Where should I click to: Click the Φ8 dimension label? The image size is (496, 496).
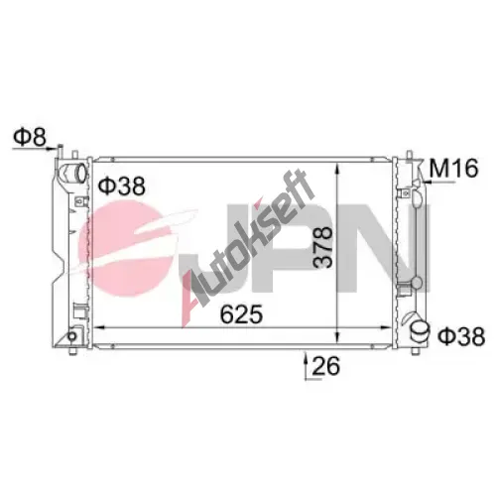(30, 137)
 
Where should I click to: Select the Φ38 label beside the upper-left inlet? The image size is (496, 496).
(122, 186)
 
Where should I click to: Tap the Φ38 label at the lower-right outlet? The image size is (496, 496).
(461, 336)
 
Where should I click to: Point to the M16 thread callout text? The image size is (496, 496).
(453, 168)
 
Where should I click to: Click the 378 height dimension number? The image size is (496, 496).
(322, 247)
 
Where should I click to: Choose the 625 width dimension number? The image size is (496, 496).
(241, 313)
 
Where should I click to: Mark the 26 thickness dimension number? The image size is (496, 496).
(326, 366)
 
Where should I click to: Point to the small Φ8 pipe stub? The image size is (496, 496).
(61, 152)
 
